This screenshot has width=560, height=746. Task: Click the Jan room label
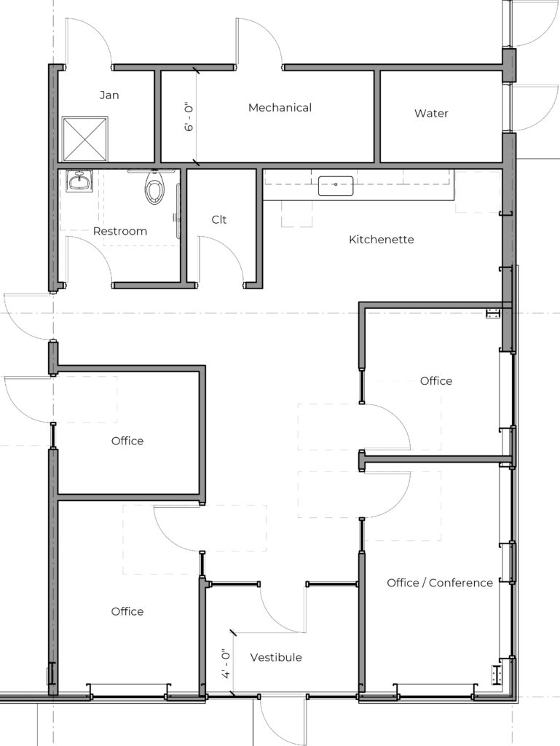(x=109, y=95)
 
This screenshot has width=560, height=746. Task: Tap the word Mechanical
(x=280, y=108)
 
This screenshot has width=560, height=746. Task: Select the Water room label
(x=431, y=113)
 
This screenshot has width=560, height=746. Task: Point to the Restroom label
(x=120, y=231)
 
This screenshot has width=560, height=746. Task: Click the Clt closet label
(x=218, y=219)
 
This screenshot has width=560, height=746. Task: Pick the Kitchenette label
(x=382, y=239)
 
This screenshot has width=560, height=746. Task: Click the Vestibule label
(x=276, y=657)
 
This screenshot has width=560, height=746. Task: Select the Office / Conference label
(x=440, y=583)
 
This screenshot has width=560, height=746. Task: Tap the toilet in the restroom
(x=154, y=187)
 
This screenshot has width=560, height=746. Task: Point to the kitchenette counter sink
(x=336, y=186)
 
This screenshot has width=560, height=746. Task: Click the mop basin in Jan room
(x=85, y=139)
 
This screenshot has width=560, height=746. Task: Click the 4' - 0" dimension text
(x=226, y=663)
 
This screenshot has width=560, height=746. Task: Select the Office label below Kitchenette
(x=436, y=380)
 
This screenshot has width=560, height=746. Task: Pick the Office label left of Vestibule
(x=127, y=611)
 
